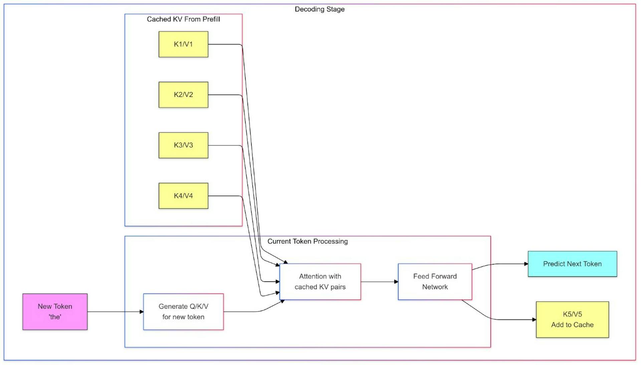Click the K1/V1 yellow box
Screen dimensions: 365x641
point(183,44)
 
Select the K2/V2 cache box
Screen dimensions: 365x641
point(183,95)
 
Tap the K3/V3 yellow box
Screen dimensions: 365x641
point(183,145)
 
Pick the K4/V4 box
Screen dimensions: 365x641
point(183,196)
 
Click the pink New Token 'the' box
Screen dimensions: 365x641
point(55,312)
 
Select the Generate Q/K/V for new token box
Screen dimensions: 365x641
point(183,312)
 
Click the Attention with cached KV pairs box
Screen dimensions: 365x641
point(320,282)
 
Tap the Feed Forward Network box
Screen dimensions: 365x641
point(435,282)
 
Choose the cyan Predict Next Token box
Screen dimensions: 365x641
point(572,264)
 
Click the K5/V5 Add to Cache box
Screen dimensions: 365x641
point(572,320)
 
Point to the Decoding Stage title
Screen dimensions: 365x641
point(319,9)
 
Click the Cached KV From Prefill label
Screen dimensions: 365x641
point(183,19)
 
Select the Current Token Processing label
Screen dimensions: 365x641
point(307,241)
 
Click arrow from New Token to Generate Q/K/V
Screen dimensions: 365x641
point(115,312)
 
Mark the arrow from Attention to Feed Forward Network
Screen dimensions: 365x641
point(379,282)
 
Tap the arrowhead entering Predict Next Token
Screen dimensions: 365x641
point(526,264)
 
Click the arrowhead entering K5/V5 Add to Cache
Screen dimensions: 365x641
point(534,320)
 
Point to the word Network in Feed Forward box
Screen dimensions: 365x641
point(435,287)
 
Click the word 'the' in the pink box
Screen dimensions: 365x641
point(55,317)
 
